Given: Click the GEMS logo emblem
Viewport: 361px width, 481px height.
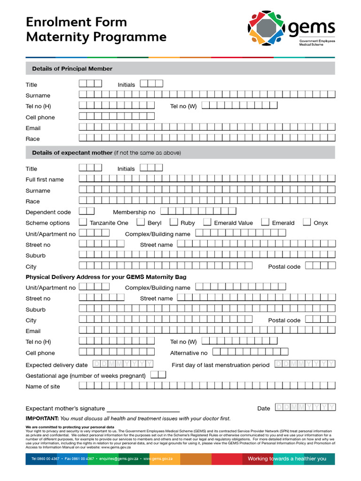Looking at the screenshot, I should (x=267, y=28).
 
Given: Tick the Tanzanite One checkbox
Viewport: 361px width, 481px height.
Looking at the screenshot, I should (x=83, y=222).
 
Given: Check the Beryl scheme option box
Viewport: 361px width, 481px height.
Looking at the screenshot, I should (x=141, y=222).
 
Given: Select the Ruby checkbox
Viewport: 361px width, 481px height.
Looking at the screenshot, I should (x=173, y=222).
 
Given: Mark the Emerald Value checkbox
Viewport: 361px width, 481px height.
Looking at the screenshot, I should (x=207, y=222).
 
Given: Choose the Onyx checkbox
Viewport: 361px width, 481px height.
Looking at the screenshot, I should (x=307, y=222).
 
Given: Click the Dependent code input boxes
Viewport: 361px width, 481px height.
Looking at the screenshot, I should (x=86, y=211).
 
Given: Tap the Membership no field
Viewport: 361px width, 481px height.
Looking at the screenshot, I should (x=201, y=211).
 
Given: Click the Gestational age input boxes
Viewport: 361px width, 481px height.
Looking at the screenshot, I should (x=158, y=375).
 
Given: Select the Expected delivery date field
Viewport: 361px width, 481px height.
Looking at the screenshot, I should (x=123, y=364).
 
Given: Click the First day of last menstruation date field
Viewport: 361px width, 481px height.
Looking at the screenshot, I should (x=305, y=364).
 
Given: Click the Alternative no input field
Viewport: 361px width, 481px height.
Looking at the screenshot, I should (x=250, y=352).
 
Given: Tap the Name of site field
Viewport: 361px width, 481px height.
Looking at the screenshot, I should (x=207, y=386).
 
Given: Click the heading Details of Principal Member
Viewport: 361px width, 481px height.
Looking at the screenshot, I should (x=72, y=69).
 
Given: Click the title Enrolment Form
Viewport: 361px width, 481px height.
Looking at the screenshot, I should (x=76, y=22).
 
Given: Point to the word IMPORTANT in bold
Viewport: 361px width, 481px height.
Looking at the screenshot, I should (x=42, y=419).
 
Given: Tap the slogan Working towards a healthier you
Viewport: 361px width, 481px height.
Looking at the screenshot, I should (x=287, y=458).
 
